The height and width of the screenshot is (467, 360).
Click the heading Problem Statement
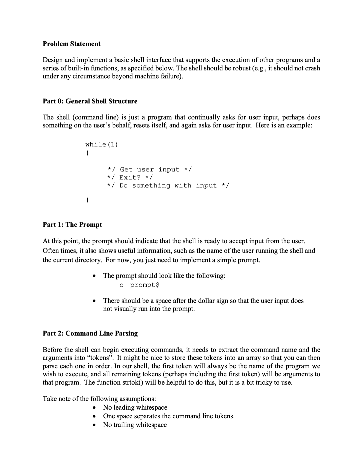tap(71, 44)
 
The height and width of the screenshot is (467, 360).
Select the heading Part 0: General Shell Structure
tap(90, 101)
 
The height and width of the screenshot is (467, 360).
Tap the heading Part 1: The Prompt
tap(72, 224)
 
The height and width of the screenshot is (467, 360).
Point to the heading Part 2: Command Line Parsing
tap(90, 333)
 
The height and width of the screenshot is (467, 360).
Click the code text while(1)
tap(102, 144)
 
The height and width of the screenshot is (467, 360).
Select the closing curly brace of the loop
tap(87, 200)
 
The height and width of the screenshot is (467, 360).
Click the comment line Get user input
tap(149, 169)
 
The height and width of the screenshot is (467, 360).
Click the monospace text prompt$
tap(145, 285)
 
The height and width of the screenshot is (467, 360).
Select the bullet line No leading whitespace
tap(135, 407)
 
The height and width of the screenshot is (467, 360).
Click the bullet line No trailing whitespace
tap(135, 425)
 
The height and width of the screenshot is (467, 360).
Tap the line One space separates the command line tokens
tap(169, 416)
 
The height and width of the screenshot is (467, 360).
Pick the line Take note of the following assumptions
tap(99, 399)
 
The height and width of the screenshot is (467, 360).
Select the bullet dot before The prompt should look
tap(95, 276)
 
